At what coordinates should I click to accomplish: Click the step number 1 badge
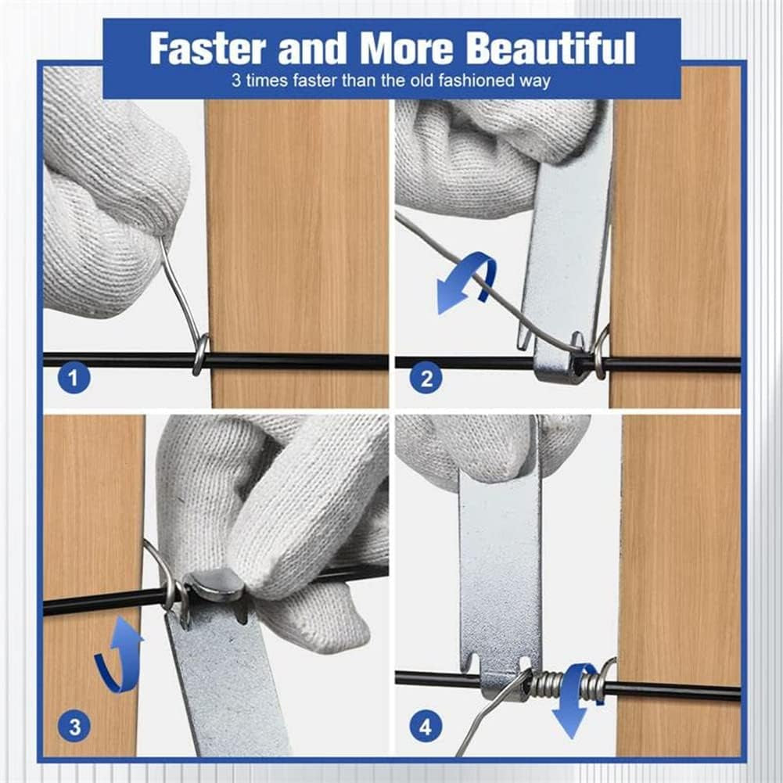74,379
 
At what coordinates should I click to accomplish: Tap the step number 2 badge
426,379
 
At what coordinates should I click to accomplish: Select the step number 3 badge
74,727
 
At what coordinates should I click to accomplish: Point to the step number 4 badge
426,727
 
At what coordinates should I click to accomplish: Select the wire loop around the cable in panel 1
201,354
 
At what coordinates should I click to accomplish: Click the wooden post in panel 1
296,235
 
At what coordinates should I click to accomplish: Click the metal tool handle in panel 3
227,688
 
